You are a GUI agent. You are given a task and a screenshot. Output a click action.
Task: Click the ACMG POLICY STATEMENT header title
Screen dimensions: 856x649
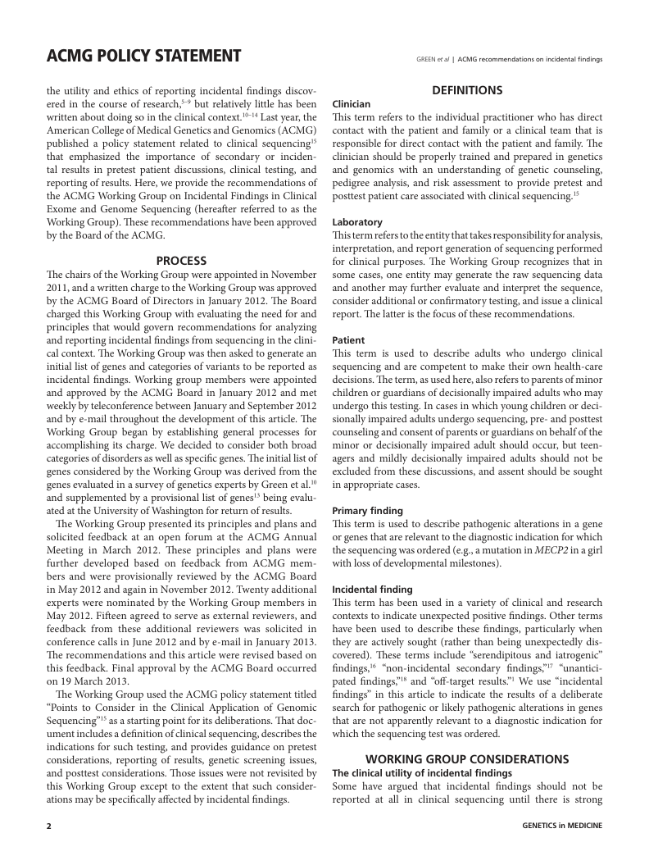coord(143,56)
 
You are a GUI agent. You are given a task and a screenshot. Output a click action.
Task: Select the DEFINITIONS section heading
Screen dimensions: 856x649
coord(467,90)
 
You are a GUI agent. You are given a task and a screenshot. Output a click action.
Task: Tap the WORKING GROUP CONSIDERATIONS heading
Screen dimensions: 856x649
coord(467,759)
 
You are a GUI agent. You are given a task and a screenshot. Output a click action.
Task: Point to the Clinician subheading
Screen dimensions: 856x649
coord(351,104)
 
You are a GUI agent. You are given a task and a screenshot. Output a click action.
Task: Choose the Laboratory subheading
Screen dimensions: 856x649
coord(356,222)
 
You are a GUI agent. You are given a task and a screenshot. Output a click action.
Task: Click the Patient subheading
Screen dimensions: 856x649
coord(348,339)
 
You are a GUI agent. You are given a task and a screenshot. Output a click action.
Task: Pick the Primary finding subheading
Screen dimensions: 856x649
coord(367,510)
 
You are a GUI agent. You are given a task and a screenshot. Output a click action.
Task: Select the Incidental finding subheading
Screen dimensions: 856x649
coord(372,589)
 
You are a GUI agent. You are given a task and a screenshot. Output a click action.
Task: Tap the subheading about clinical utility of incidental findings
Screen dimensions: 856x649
coord(421,773)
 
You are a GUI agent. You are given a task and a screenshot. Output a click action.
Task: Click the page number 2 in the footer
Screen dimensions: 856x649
coord(48,826)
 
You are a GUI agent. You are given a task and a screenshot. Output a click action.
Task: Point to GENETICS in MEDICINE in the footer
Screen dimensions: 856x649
coord(561,826)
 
